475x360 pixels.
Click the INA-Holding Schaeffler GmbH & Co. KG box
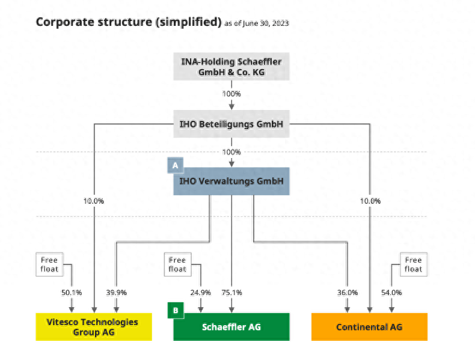tap(231, 66)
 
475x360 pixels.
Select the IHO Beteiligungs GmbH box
tap(231, 124)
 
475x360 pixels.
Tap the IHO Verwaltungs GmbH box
tap(231, 181)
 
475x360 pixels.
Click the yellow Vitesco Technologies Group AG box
tap(94, 327)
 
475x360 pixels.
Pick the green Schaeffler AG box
tap(231, 327)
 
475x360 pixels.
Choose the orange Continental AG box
tap(369, 327)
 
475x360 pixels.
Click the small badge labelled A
tap(175, 164)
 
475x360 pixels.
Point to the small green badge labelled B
tap(175, 311)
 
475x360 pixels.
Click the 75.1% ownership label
tap(231, 293)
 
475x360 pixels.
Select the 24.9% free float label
tap(201, 293)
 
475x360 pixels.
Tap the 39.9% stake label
tap(116, 293)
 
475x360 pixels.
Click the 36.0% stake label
tap(348, 293)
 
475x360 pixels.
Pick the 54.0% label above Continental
tap(391, 293)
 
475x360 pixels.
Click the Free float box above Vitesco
tap(49, 264)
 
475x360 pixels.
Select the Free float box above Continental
tap(413, 264)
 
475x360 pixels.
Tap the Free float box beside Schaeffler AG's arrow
tap(177, 264)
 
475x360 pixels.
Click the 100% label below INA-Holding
tap(231, 94)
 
